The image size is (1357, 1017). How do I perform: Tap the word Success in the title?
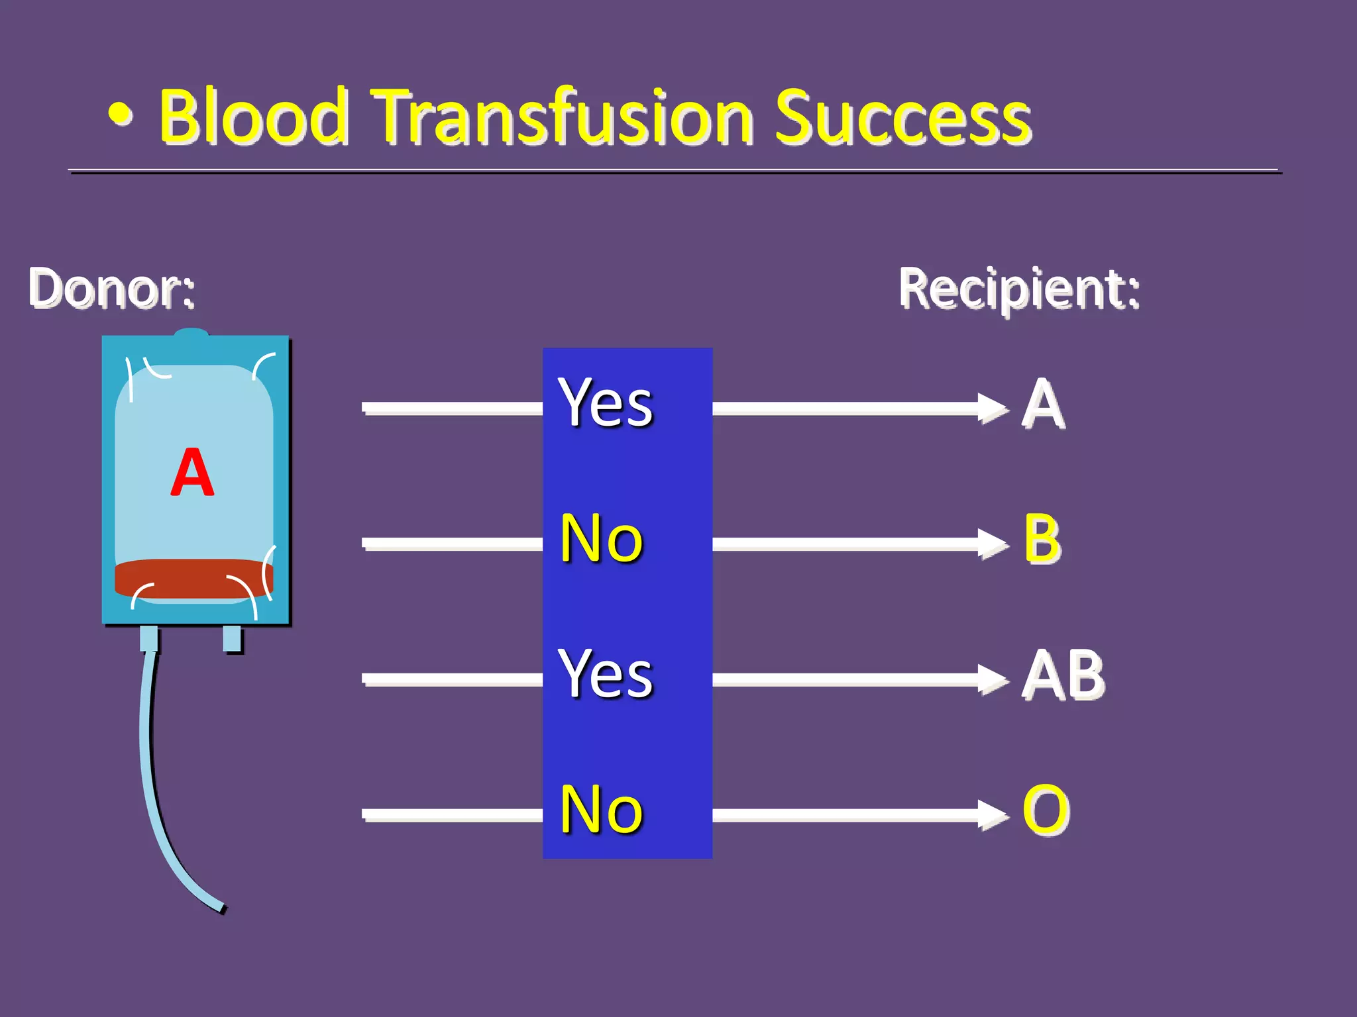pyautogui.click(x=902, y=118)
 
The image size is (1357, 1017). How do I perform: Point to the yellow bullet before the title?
pyautogui.click(x=121, y=117)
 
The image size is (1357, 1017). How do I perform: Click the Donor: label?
pyautogui.click(x=111, y=289)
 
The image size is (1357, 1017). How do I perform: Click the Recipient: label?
pyautogui.click(x=1019, y=289)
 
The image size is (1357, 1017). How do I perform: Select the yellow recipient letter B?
pyautogui.click(x=1042, y=540)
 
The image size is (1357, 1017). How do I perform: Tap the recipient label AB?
pyautogui.click(x=1063, y=675)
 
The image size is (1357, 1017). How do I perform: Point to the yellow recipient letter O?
pyautogui.click(x=1046, y=810)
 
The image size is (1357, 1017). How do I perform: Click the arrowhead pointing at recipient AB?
pyautogui.click(x=994, y=679)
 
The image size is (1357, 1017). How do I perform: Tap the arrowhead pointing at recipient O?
pyautogui.click(x=994, y=815)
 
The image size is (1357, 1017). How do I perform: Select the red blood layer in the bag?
pyautogui.click(x=192, y=578)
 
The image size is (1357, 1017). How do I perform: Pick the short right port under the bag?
pyautogui.click(x=232, y=638)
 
